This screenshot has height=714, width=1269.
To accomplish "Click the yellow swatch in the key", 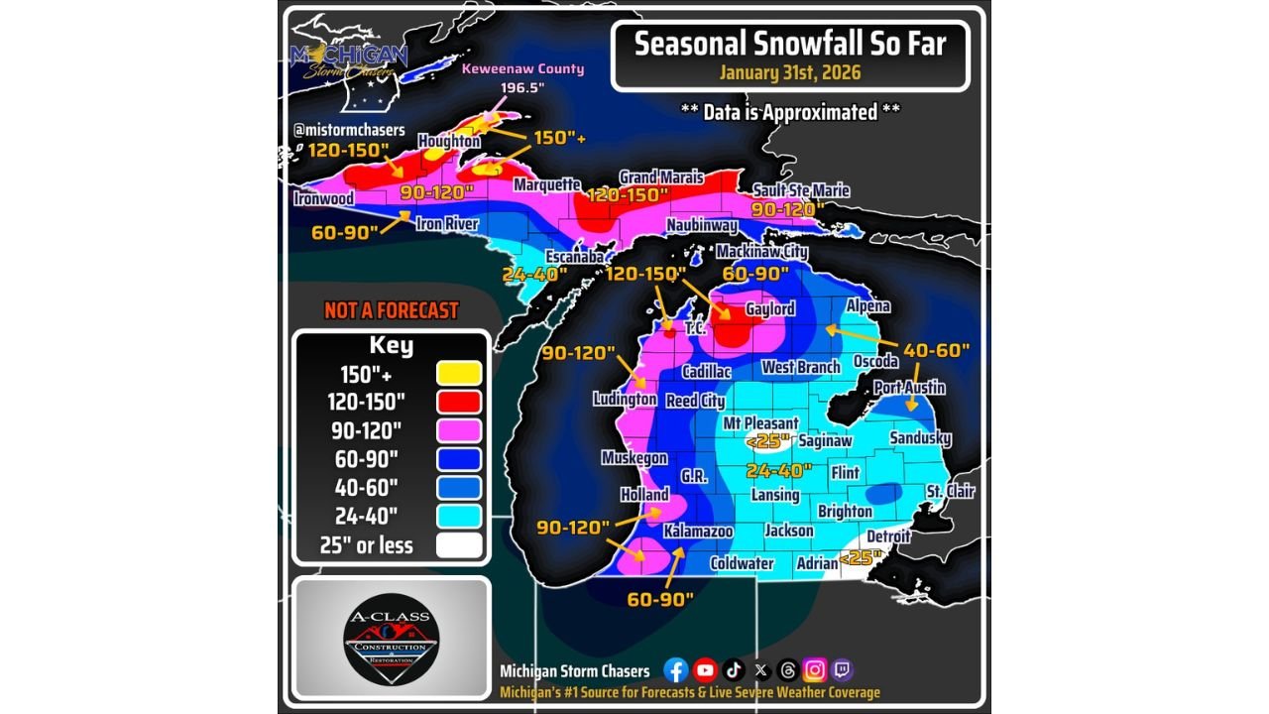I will pos(458,373).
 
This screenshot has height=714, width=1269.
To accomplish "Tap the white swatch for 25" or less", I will pos(458,545).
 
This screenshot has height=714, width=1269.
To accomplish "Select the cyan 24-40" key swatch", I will pos(458,516).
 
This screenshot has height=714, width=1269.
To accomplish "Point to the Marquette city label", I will pos(546,185).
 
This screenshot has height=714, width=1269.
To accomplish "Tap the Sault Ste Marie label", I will pos(801,190).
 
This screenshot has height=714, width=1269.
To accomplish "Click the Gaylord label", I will pos(770,309).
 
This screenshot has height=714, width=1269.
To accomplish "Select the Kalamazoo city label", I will pos(698,532).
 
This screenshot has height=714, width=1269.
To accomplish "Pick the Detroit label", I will pos(888,536).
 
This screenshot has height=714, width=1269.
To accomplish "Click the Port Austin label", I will pos(909,388).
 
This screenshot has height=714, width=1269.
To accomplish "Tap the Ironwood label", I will pos(323,198).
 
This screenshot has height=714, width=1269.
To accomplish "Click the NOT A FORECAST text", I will pos(392,310).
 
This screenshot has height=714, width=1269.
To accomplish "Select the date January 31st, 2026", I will pos(790,73).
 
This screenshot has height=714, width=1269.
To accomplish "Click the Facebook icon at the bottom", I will pos(676,670).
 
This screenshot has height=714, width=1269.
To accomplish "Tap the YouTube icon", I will pos(705,670).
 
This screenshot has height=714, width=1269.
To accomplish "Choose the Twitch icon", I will pos(843,670).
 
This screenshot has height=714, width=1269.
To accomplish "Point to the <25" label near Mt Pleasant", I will pos(769,440).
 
